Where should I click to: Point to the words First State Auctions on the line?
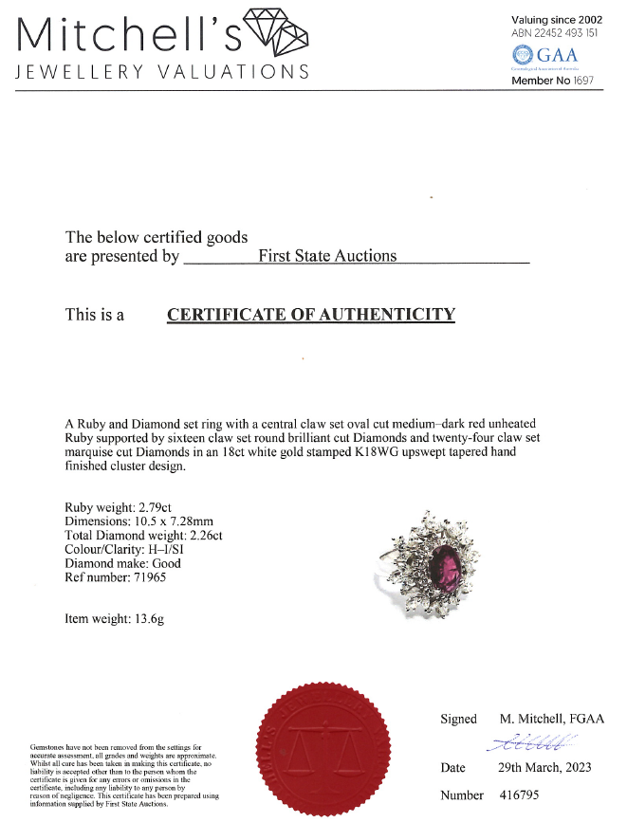(x=328, y=256)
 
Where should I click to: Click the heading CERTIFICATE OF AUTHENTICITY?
(x=311, y=315)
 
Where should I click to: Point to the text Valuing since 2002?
(x=556, y=19)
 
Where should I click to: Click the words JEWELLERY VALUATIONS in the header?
(x=162, y=72)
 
